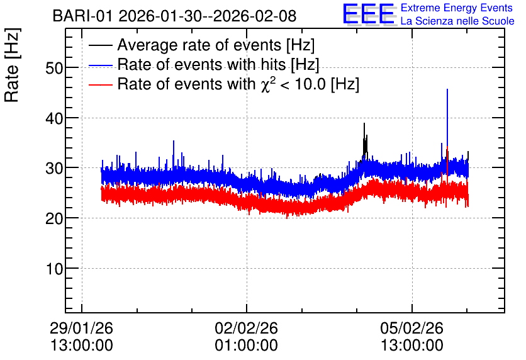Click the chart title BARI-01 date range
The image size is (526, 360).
point(174,16)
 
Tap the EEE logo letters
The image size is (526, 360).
point(369,14)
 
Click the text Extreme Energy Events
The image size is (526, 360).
point(457,8)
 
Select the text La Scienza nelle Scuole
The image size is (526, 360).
point(457,21)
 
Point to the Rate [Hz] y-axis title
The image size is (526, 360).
point(12,65)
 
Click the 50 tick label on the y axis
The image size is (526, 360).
point(54,68)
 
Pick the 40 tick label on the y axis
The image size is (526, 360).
point(54,118)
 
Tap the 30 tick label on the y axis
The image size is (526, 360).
point(54,168)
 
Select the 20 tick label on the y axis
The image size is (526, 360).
point(54,218)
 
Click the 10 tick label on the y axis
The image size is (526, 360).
point(54,268)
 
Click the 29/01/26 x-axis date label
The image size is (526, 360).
point(82,328)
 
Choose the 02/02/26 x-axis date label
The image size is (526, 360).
point(246,328)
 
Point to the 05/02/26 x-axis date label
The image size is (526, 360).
point(411,328)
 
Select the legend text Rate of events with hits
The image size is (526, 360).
point(218,64)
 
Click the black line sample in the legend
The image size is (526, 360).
point(100,45)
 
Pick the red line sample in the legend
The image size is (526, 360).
point(100,84)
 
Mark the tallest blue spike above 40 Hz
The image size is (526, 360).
point(447,118)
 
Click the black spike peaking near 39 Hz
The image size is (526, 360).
point(365,141)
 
